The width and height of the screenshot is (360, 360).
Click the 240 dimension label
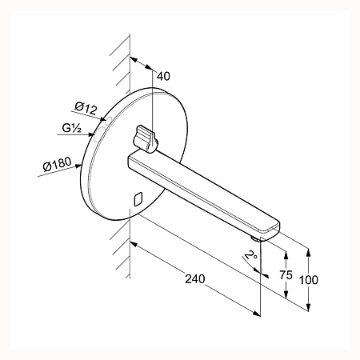pos(195,279)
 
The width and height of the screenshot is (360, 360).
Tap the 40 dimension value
pos(163,76)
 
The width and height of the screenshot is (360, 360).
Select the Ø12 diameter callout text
pos(86,108)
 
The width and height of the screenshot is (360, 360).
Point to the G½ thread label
pos(71,128)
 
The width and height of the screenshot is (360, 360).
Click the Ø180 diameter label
pos(57,164)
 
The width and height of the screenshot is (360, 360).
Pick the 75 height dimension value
pos(286,275)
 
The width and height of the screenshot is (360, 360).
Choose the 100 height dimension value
pos(309,280)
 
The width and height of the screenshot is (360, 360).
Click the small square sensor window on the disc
pos(138,199)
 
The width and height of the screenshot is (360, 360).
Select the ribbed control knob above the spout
pos(144,138)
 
